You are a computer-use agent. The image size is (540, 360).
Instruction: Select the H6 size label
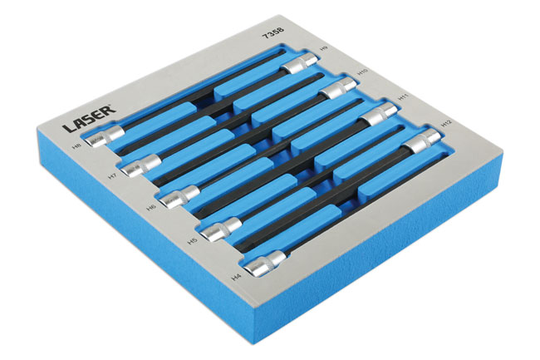click(150, 207)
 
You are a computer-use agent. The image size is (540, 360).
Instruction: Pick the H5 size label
click(190, 242)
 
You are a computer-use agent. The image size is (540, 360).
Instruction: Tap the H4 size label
click(236, 275)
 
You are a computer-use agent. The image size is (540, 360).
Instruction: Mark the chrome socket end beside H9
click(298, 63)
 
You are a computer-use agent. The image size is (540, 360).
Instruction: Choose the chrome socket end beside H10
click(336, 87)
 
